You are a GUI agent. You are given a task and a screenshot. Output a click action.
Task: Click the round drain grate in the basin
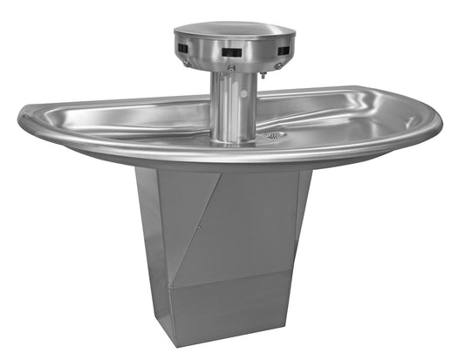coord(277,135)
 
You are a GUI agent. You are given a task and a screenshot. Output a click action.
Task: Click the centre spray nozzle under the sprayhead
coord(231,68)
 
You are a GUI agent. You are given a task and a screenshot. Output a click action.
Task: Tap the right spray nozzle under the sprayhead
coord(277,65)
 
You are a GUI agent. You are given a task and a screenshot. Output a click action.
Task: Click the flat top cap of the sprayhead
coord(234,31)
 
